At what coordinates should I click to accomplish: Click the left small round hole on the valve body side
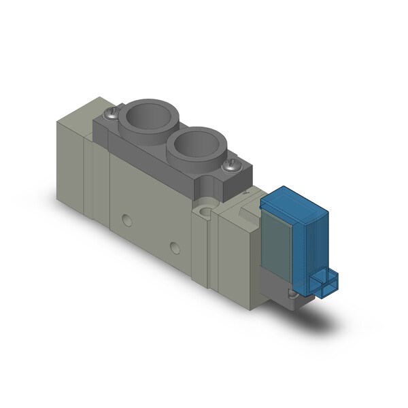point(125,219)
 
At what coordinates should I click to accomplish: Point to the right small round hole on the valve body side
point(175,245)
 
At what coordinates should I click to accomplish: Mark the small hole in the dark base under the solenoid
point(292,294)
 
